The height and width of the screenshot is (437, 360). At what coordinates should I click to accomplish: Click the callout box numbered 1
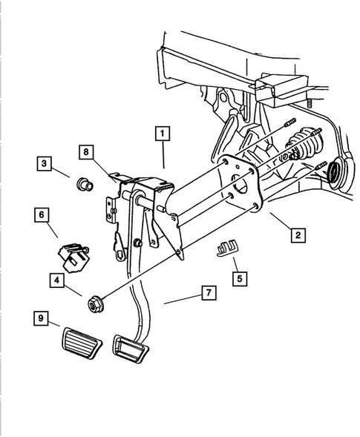pyautogui.click(x=163, y=134)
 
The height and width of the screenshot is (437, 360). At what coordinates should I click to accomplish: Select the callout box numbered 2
pyautogui.click(x=298, y=235)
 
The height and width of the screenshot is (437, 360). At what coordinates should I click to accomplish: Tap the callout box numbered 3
pyautogui.click(x=45, y=163)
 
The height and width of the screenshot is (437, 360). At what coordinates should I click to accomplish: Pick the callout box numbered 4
pyautogui.click(x=57, y=280)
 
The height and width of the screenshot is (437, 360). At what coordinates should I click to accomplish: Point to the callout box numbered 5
pyautogui.click(x=240, y=278)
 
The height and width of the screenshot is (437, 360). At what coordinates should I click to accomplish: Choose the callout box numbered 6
pyautogui.click(x=42, y=215)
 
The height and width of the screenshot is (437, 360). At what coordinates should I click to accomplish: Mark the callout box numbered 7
pyautogui.click(x=209, y=292)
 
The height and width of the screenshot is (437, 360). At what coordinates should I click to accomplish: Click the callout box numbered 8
pyautogui.click(x=86, y=152)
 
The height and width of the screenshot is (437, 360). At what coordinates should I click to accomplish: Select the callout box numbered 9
pyautogui.click(x=41, y=318)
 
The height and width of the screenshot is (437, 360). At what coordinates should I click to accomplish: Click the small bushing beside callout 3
pyautogui.click(x=85, y=184)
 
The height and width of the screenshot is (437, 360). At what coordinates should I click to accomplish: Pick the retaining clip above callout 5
pyautogui.click(x=227, y=247)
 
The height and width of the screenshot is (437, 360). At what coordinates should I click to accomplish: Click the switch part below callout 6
pyautogui.click(x=73, y=257)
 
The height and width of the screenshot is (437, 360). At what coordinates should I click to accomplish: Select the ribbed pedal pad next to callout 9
pyautogui.click(x=81, y=344)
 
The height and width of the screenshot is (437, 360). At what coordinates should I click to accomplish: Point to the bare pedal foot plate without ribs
pyautogui.click(x=130, y=349)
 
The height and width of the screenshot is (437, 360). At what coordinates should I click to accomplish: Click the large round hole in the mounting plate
pyautogui.click(x=240, y=185)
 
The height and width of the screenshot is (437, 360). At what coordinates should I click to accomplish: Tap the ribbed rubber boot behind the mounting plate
pyautogui.click(x=303, y=144)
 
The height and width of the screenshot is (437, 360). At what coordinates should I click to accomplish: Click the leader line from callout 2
pyautogui.click(x=281, y=221)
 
